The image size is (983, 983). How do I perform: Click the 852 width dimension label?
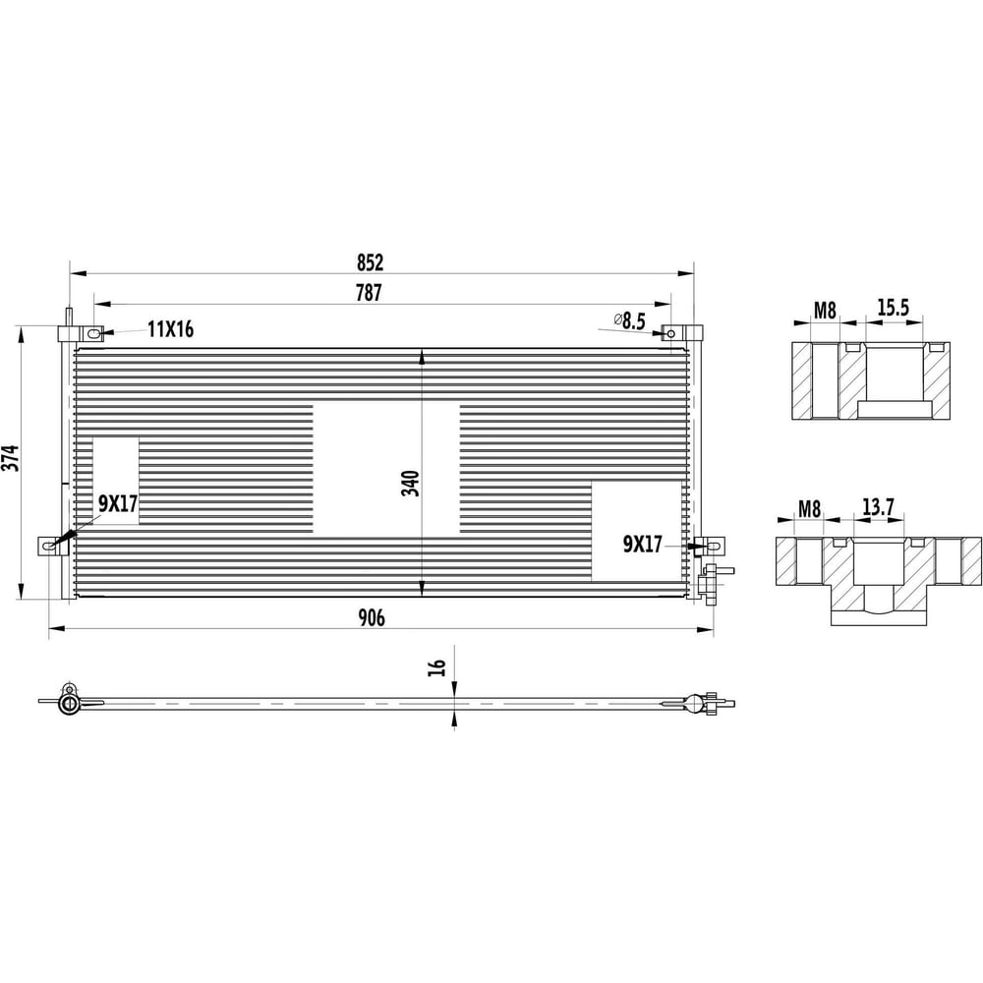click(x=370, y=262)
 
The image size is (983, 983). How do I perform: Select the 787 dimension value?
click(x=369, y=293)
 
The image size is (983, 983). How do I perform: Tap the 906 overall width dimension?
click(x=372, y=618)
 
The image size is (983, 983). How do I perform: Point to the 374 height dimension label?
click(x=11, y=458)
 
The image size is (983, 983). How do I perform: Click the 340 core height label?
click(x=411, y=483)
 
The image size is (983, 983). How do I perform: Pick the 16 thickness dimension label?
click(x=437, y=667)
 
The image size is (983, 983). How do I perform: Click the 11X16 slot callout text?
click(x=170, y=329)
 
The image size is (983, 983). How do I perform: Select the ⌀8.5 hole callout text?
click(x=629, y=321)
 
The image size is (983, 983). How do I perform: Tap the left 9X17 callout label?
click(x=118, y=502)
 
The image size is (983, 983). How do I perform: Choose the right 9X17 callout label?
click(x=643, y=545)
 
